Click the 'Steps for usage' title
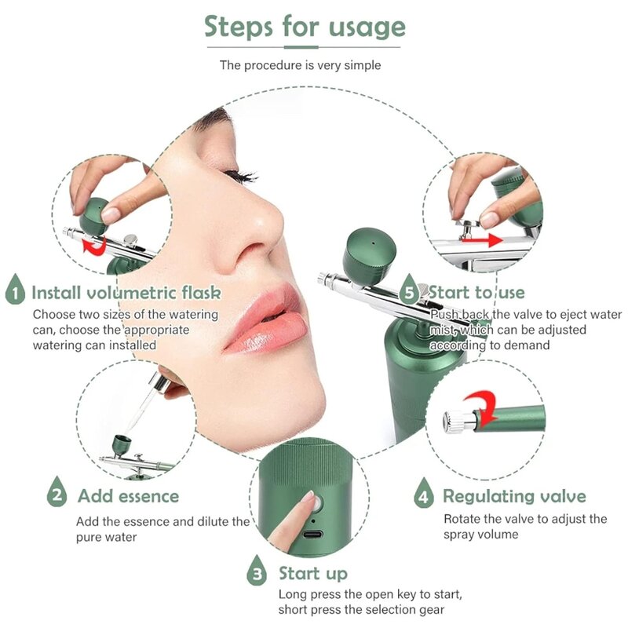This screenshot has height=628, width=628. coord(305,27)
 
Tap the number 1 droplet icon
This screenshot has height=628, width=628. coord(15,289)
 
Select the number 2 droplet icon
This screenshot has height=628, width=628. coord(57,492)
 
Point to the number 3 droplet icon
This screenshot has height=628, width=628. coord(257,571)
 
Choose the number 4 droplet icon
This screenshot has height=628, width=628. coord(424,493)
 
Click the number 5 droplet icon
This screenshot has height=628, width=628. coord(409,289)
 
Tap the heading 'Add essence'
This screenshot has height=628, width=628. coord(128,496)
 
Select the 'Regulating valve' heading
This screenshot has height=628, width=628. coord(514,497)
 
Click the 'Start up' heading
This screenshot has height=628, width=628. coord(312,574)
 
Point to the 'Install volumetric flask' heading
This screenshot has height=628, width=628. coord(126,292)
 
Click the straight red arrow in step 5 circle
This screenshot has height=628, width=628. coord(483,240)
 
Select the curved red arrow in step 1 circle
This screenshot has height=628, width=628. coord(95,245)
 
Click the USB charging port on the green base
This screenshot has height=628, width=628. coord(312,535)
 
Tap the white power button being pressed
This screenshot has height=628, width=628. coord(316,503)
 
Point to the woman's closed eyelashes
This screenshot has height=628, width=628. coord(239,175)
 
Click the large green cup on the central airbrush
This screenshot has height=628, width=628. coord(369,254)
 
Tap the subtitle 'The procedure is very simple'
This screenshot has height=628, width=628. coord(300,65)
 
